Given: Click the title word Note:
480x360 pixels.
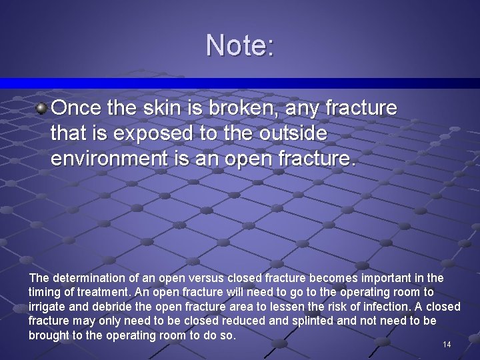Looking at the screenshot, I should [x=240, y=45].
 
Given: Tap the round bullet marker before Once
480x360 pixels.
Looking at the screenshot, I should [x=41, y=107].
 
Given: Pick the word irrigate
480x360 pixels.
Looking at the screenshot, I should [x=47, y=307].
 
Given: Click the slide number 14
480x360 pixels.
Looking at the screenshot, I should [x=447, y=345].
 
